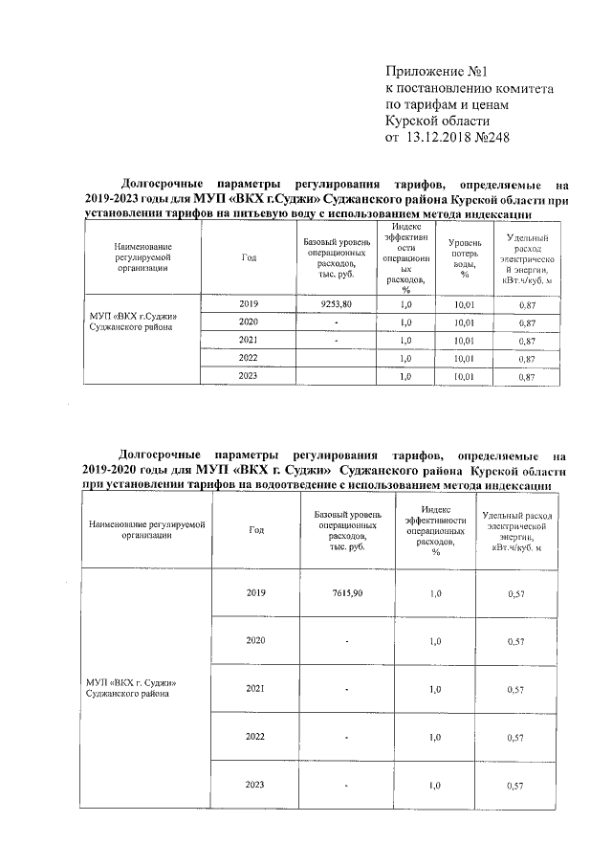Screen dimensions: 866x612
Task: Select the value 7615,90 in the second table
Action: coord(347,593)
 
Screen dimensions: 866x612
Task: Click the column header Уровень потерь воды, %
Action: coord(464,258)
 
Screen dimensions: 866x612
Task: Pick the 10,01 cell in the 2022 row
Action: coord(465,358)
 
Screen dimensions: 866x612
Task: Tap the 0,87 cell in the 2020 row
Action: coord(525,322)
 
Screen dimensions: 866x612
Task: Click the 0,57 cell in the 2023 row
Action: coord(516,787)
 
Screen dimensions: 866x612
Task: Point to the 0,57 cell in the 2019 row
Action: coord(516,594)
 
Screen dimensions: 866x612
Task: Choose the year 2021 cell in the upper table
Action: coord(249,340)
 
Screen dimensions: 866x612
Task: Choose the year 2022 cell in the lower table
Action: coord(255,737)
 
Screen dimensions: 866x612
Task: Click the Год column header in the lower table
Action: coord(255,529)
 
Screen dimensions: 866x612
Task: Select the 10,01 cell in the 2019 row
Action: coord(465,303)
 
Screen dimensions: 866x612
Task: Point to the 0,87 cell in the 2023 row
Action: coord(525,377)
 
